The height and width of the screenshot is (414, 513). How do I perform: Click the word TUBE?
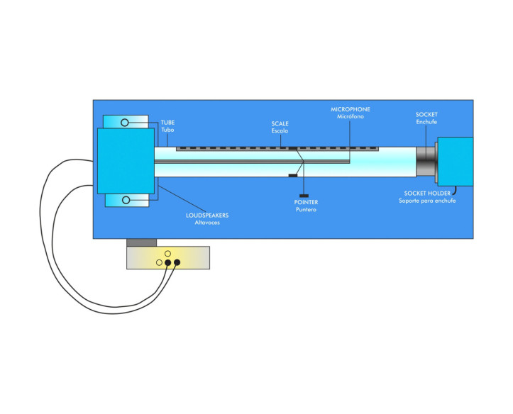167,122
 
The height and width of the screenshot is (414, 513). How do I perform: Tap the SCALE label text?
280,123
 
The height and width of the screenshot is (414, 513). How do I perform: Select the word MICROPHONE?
351,109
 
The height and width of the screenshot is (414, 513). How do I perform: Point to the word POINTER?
306,202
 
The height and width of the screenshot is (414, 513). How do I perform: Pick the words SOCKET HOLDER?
426,193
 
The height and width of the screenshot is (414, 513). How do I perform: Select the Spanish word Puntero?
306,210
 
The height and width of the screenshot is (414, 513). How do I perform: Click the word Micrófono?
351,117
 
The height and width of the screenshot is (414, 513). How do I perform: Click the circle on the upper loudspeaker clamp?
125,123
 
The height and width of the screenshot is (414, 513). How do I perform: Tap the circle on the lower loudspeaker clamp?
126,201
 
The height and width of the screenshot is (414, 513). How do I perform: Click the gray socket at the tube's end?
425,162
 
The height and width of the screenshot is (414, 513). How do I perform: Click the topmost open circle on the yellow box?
167,253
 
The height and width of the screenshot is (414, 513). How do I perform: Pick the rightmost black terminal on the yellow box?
177,263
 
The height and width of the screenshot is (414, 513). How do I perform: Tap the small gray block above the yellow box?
140,242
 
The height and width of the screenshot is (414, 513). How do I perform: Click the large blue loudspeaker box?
126,161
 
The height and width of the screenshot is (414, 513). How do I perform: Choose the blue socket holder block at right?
455,162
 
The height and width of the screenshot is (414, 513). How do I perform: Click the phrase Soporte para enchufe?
426,201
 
